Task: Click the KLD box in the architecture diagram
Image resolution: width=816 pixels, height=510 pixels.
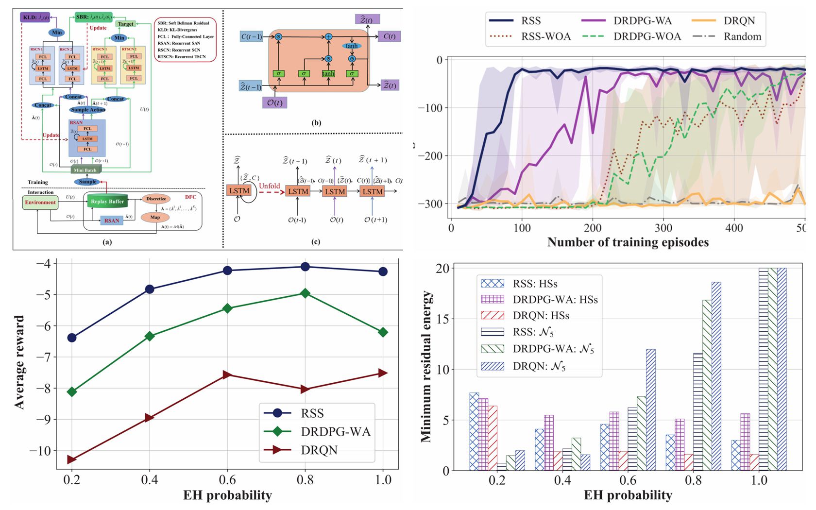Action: point(35,17)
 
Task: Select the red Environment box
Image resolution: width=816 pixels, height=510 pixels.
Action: point(40,203)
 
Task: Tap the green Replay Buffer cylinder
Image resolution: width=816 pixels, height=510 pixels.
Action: point(107,201)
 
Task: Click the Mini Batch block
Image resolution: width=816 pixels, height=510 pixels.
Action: point(85,170)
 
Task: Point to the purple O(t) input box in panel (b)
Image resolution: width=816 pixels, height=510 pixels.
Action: point(274,102)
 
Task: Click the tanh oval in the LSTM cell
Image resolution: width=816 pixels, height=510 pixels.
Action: point(351,46)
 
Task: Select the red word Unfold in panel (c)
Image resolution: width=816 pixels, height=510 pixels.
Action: point(270,186)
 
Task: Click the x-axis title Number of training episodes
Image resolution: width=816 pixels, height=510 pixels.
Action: point(628,242)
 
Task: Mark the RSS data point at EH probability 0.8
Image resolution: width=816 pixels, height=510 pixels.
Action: point(305,267)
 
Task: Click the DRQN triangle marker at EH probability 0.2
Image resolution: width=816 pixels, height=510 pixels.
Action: point(72,459)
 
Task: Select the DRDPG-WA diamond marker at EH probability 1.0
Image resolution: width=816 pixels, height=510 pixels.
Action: point(383,332)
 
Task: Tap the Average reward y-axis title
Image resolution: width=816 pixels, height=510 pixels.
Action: point(19,362)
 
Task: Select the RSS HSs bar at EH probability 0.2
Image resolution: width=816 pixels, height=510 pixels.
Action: point(474,431)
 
